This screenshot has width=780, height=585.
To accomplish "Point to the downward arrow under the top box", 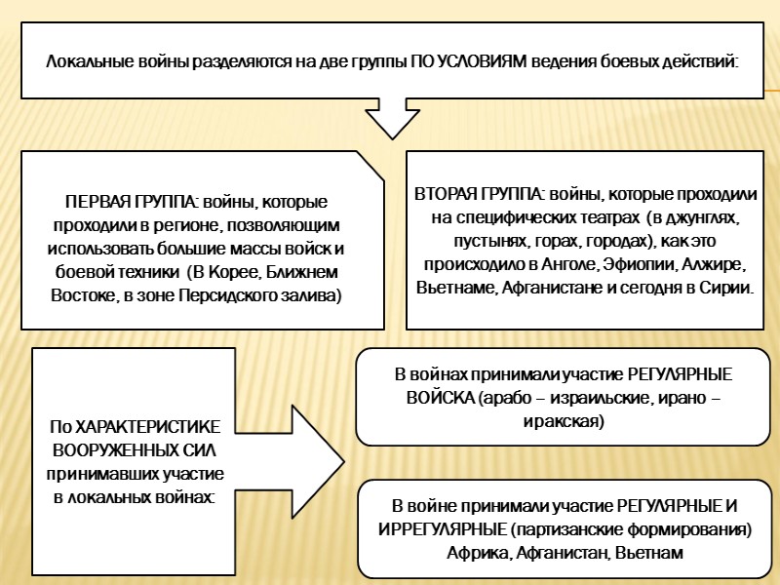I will click(x=389, y=117).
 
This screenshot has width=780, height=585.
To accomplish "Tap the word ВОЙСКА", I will click(x=438, y=399).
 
